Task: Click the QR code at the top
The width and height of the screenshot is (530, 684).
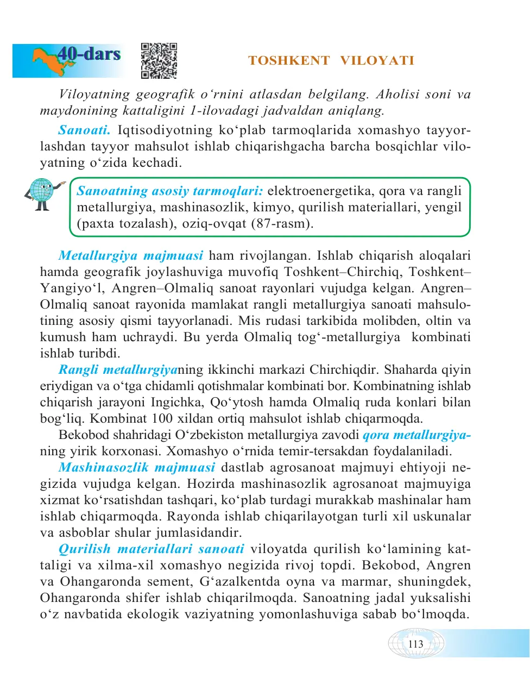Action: [x=159, y=61]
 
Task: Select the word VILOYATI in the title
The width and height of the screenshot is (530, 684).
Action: [x=377, y=61]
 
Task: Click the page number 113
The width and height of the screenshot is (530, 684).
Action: [x=415, y=644]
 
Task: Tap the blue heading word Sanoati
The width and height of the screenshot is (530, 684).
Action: [x=84, y=130]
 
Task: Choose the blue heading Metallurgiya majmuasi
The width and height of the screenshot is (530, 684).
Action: [x=130, y=255]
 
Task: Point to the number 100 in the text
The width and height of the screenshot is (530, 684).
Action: [x=162, y=418]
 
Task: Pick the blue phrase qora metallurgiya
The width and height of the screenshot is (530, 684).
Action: [x=416, y=435]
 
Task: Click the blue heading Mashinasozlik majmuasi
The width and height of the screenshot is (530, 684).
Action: [x=137, y=467]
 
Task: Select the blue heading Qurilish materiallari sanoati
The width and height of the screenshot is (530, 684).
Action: [x=151, y=549]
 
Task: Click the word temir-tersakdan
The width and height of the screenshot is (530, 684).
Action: [x=312, y=451]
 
